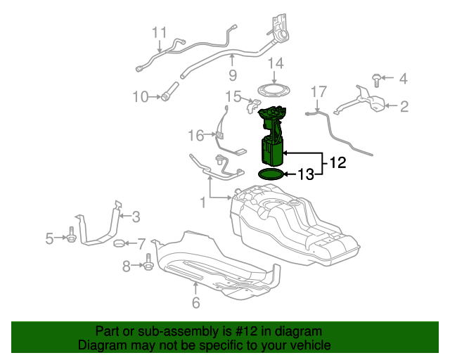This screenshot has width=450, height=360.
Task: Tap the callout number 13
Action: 307,174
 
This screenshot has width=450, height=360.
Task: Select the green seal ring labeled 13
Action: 271,174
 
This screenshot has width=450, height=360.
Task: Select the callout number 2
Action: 404,107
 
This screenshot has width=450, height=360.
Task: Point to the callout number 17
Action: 319,91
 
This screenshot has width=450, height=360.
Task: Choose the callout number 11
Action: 160,32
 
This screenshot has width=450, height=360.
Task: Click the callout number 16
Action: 195,134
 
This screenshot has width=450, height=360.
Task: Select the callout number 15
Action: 233,96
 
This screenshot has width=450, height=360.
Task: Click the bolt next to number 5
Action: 72,238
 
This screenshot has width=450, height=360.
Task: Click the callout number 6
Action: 195,303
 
